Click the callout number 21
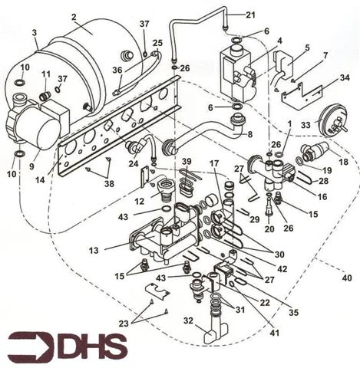[250, 15]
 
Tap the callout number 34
[345, 77]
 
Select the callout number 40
[347, 278]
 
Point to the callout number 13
[94, 251]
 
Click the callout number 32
[188, 320]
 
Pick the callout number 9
[31, 166]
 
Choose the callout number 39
[187, 162]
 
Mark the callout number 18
[343, 162]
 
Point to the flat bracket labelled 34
[302, 97]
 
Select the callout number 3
[35, 33]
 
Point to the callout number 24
[134, 163]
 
